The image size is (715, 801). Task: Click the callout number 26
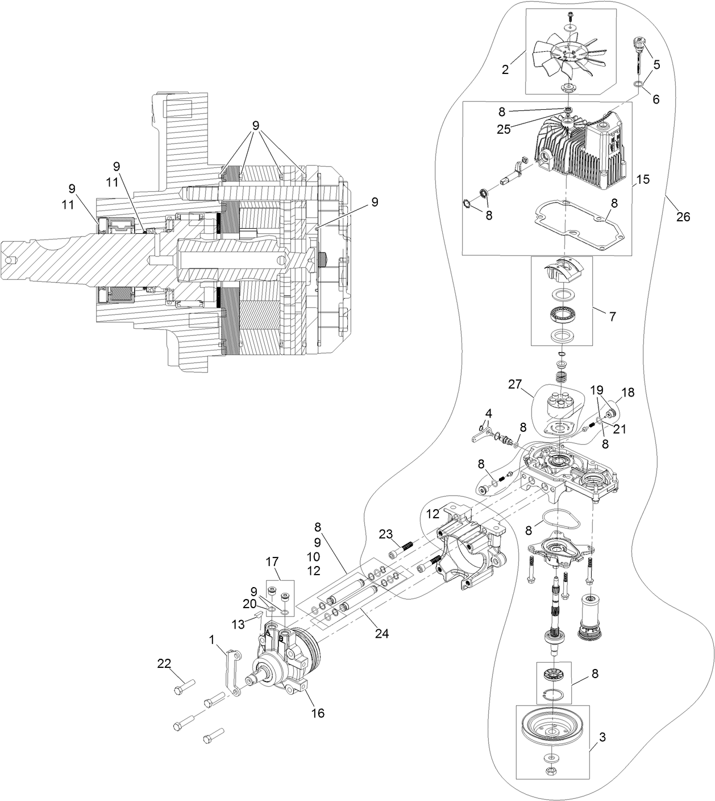point(683,217)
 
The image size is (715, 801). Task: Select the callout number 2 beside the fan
point(505,69)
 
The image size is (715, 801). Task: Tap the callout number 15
point(642,179)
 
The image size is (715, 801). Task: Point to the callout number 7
point(612,317)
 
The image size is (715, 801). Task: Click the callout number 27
point(515,385)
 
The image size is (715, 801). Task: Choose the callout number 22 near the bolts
point(164,663)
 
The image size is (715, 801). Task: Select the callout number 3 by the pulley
point(602,737)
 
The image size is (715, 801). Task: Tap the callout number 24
point(381,633)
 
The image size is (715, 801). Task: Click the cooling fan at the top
point(568,52)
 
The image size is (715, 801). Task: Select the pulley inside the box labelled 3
point(552,730)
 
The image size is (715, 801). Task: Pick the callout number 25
point(502,129)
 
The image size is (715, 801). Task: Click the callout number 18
point(627,393)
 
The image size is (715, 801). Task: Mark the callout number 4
point(489,412)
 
